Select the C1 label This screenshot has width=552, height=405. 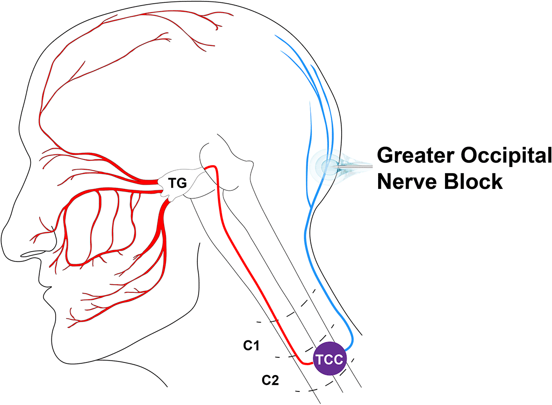[x=251, y=346]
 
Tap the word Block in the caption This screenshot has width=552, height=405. [x=472, y=181]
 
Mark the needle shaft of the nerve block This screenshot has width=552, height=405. [x=358, y=166]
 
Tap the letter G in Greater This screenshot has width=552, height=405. [x=387, y=156]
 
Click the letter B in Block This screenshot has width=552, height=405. [x=448, y=181]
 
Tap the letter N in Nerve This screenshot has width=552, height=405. [x=386, y=181]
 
